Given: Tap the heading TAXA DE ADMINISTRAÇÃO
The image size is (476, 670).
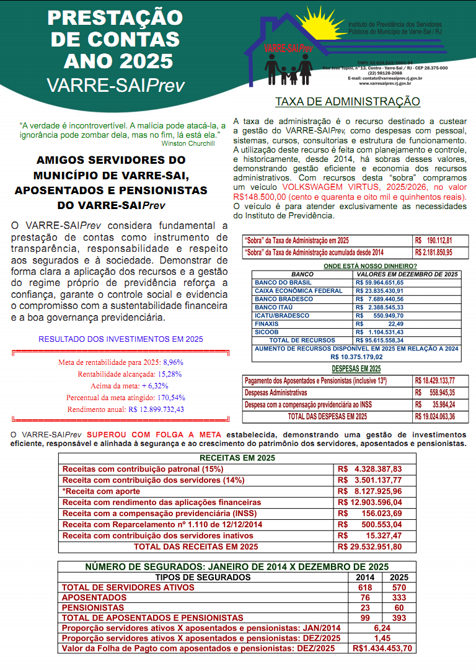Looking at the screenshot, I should (347, 102).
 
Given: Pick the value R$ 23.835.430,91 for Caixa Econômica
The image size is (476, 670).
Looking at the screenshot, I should (380, 290).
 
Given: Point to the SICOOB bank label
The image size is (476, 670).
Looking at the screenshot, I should (267, 332).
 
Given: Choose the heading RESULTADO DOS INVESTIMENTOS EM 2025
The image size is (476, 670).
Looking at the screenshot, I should (121, 339).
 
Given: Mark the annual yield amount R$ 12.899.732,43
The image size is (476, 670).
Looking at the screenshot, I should (156, 409).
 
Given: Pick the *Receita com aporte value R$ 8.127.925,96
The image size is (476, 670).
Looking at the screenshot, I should (370, 491).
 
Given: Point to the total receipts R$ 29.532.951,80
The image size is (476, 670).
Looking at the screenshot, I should (370, 547).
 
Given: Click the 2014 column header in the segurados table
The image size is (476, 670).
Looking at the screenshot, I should (364, 578).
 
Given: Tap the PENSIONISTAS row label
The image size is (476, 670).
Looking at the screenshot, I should (94, 608).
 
